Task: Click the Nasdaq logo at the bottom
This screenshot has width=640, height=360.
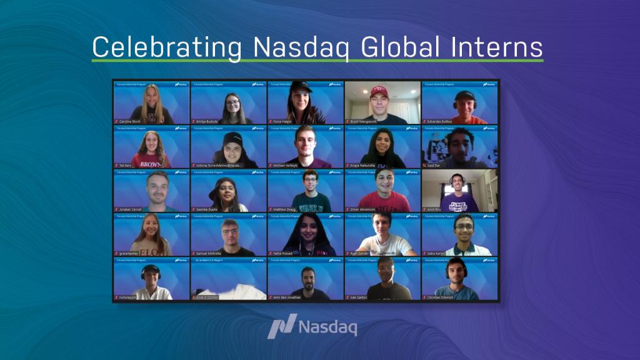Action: coord(312,327)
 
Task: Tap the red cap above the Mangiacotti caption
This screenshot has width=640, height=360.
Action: coord(379,91)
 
